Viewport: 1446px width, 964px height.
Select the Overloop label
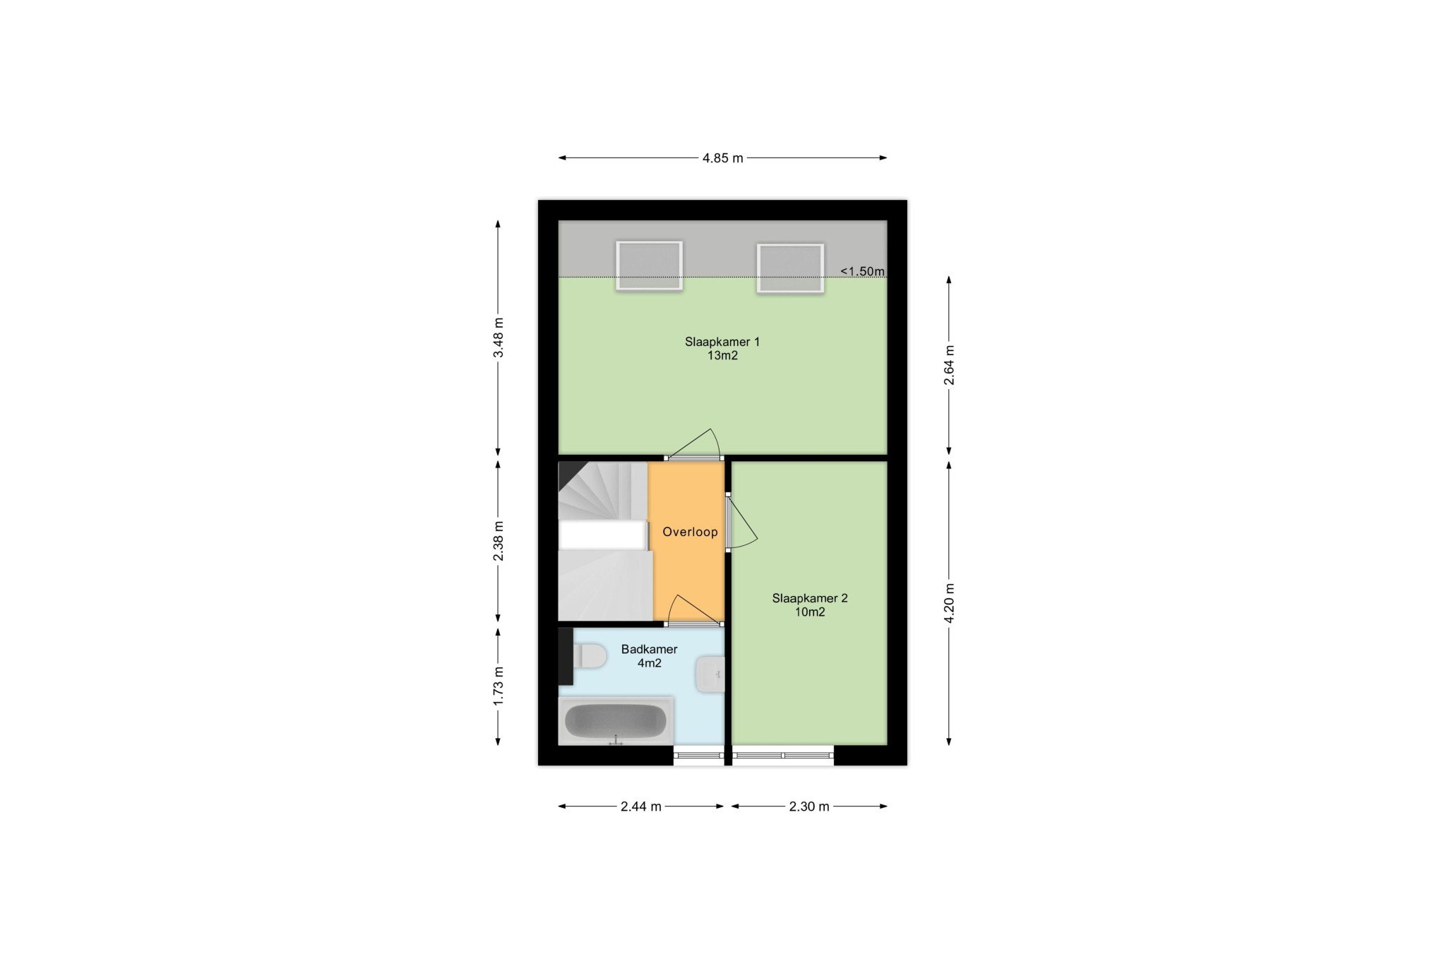(690, 532)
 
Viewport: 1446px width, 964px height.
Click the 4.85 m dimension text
(722, 158)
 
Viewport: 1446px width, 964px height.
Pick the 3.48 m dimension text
(498, 337)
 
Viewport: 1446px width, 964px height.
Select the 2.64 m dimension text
(949, 365)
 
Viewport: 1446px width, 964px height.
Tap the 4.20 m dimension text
(949, 603)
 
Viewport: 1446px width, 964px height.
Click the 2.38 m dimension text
(498, 541)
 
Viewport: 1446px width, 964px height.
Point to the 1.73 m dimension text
(498, 686)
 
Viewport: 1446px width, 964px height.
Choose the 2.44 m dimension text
(641, 807)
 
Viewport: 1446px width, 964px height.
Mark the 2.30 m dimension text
(809, 807)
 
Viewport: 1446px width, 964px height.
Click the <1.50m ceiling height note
(862, 271)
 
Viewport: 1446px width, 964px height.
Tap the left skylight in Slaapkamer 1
(649, 266)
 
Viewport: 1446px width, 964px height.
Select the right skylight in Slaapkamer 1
(790, 268)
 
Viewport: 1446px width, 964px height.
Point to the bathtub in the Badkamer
(615, 721)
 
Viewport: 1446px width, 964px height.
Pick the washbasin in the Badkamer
(710, 674)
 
